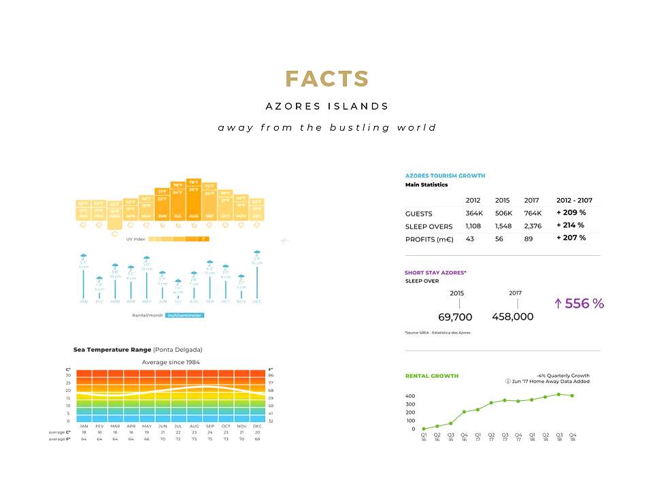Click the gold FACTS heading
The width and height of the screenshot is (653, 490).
(x=326, y=79)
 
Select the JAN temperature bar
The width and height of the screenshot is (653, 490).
(x=83, y=210)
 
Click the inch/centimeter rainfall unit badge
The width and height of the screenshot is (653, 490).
(x=184, y=315)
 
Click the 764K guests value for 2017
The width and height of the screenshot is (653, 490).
(x=532, y=214)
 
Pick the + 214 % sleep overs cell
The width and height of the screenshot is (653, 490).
(x=571, y=225)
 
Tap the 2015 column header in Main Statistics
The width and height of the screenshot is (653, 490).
(x=503, y=200)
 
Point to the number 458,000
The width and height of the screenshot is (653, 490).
(x=512, y=316)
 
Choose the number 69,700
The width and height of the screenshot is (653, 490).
(x=455, y=316)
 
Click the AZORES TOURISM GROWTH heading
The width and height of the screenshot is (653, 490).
(x=445, y=176)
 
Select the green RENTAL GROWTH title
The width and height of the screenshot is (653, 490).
(x=431, y=376)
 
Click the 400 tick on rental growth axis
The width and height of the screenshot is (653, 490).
(x=410, y=396)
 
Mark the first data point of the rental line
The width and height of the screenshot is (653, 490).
(x=423, y=429)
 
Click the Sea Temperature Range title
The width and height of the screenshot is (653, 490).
(x=113, y=349)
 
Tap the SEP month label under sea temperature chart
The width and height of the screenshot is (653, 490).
(x=210, y=426)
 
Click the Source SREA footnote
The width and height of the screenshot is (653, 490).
(x=437, y=332)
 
